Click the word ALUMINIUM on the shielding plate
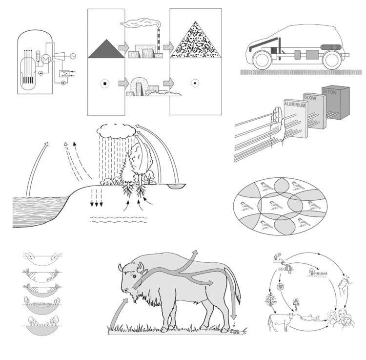pyautogui.click(x=295, y=105)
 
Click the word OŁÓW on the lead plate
pyautogui.click(x=310, y=98)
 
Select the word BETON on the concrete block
pyautogui.click(x=329, y=92)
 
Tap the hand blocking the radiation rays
pyautogui.click(x=277, y=126)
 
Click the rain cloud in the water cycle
pyautogui.click(x=116, y=131)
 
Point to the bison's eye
pyautogui.click(x=135, y=276)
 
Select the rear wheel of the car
pyautogui.click(x=332, y=60)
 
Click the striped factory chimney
pyautogui.click(x=159, y=42)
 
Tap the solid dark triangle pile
pyautogui.click(x=106, y=48)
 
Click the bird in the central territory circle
pyautogui.click(x=275, y=205)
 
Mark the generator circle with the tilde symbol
pyautogui.click(x=73, y=56)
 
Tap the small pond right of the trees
pyautogui.click(x=177, y=186)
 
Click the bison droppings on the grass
pyautogui.click(x=235, y=331)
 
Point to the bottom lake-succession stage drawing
pyautogui.click(x=41, y=325)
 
